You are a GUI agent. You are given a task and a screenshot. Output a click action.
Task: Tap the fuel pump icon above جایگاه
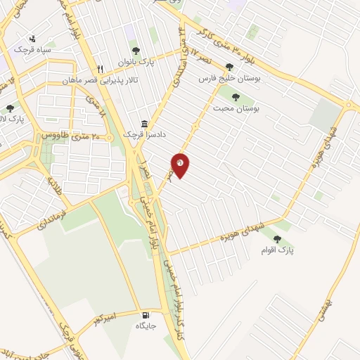click(146, 316)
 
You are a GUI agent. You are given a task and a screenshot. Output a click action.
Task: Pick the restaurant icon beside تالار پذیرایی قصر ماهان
click(101, 69)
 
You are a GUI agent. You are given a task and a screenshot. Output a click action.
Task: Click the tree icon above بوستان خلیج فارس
click(229, 67)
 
